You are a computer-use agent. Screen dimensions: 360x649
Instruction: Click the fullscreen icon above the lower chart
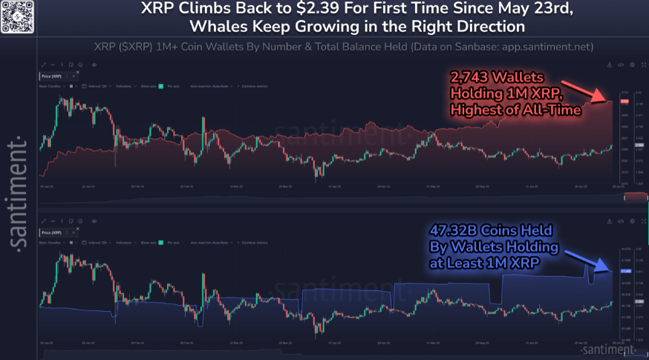[x=632, y=221]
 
